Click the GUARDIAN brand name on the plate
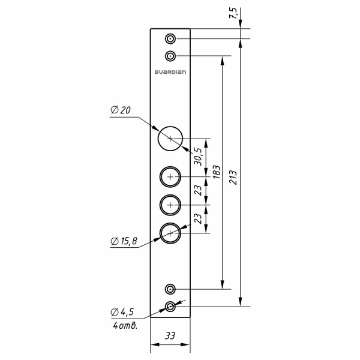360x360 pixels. pyautogui.click(x=170, y=72)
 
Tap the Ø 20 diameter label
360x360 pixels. pyautogui.click(x=121, y=110)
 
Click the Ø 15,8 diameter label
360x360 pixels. pyautogui.click(x=124, y=241)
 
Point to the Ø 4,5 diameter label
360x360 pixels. pyautogui.click(x=122, y=312)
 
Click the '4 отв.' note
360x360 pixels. pyautogui.click(x=125, y=325)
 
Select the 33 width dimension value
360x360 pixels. pyautogui.click(x=170, y=335)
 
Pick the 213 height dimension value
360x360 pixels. pyautogui.click(x=233, y=177)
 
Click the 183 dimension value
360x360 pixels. pyautogui.click(x=216, y=172)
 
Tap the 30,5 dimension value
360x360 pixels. pyautogui.click(x=198, y=157)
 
